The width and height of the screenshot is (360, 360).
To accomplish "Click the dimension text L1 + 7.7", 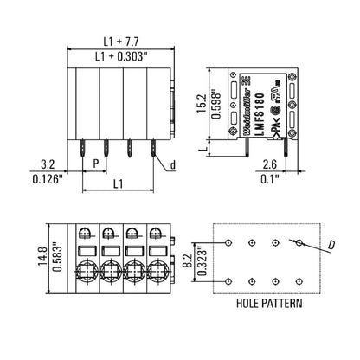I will tap(119, 40).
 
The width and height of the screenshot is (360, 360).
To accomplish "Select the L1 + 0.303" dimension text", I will tap(119, 55).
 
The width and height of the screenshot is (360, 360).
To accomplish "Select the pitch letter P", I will tap(95, 162).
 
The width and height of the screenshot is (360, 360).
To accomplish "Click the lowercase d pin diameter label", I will tap(172, 164).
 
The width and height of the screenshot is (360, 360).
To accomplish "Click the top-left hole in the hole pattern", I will tap(229, 244).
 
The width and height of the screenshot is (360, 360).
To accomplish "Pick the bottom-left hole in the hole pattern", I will tap(229, 281).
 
